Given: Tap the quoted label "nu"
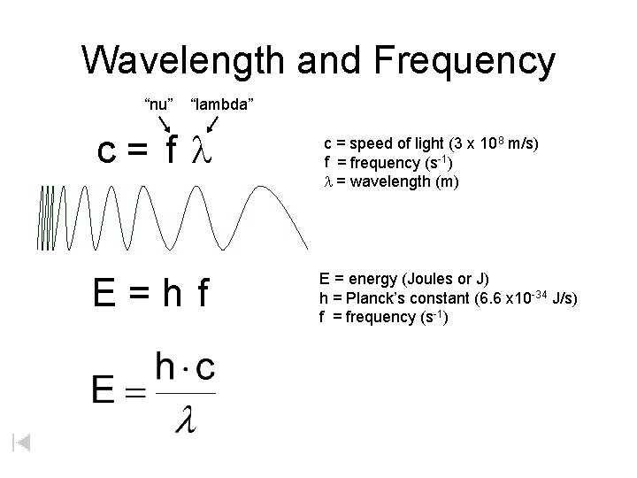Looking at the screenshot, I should (x=158, y=104).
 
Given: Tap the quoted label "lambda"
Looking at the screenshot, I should (x=223, y=104).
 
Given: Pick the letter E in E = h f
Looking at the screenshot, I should (x=104, y=295).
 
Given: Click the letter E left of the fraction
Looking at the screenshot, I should (x=104, y=389).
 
